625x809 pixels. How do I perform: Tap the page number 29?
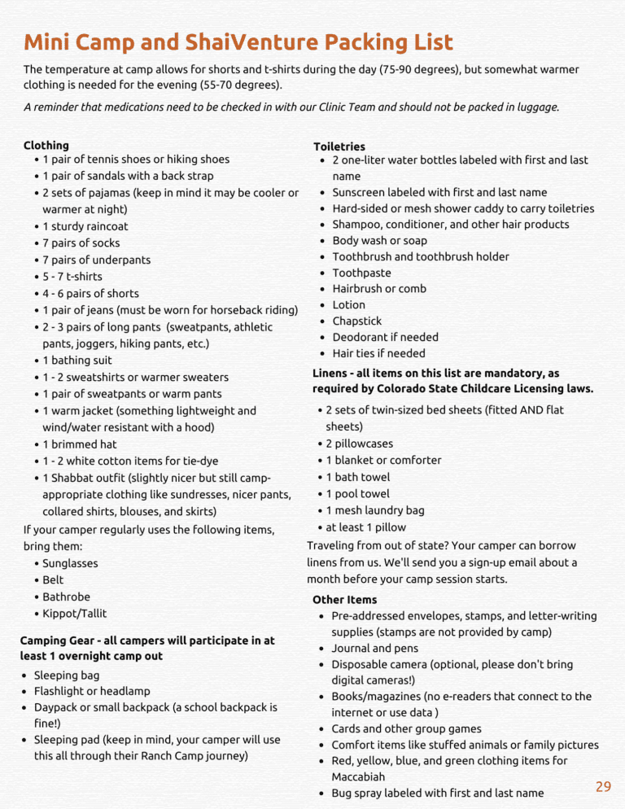click(603, 786)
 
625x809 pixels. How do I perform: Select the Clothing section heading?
click(46, 145)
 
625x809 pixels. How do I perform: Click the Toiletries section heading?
click(339, 146)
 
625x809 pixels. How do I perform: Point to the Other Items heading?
click(344, 600)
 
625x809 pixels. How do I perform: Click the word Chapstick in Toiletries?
click(356, 321)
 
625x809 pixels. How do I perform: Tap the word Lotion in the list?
click(348, 304)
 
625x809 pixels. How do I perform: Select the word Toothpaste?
click(361, 273)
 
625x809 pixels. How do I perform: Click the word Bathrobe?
click(67, 597)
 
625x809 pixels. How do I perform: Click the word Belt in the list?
click(53, 580)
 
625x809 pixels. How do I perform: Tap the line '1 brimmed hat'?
click(80, 444)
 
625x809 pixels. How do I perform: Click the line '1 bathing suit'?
click(77, 360)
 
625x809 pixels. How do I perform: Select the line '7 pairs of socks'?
click(81, 243)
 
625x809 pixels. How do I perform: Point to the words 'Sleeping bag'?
click(67, 676)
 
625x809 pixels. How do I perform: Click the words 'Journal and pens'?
click(375, 649)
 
